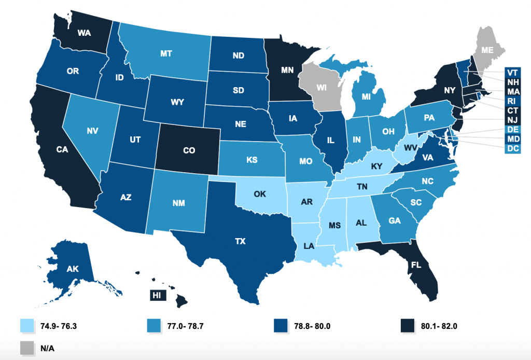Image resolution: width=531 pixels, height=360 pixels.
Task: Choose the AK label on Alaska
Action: click(x=74, y=269)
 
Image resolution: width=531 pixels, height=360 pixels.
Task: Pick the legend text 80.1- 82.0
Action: click(x=437, y=326)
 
